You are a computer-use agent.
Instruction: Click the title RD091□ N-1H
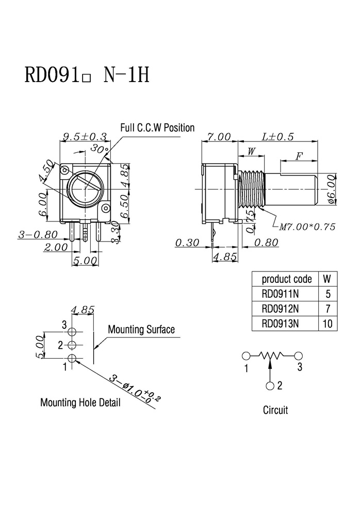point(87,75)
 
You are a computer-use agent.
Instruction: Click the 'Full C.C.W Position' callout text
point(157,127)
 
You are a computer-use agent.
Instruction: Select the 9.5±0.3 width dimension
point(85,137)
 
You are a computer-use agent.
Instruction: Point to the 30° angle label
point(100,149)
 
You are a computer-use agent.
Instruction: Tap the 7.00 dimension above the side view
point(219,137)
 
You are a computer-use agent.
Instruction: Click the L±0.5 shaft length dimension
point(277,137)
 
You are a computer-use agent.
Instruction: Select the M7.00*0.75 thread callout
point(307,227)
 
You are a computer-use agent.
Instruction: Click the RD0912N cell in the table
point(280,309)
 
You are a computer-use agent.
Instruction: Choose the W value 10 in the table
point(327,324)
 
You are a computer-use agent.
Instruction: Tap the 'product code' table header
point(287,279)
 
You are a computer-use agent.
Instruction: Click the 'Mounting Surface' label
point(141,329)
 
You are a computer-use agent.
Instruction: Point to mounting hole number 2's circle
point(72,345)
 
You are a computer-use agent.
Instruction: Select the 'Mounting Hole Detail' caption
point(80,403)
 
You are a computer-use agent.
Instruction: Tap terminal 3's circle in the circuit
point(299,356)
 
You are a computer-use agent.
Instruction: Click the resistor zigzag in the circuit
point(271,356)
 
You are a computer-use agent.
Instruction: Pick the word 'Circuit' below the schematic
point(275,410)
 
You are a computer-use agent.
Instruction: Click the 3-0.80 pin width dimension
point(38,234)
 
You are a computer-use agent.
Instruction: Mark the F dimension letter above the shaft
point(299,156)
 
